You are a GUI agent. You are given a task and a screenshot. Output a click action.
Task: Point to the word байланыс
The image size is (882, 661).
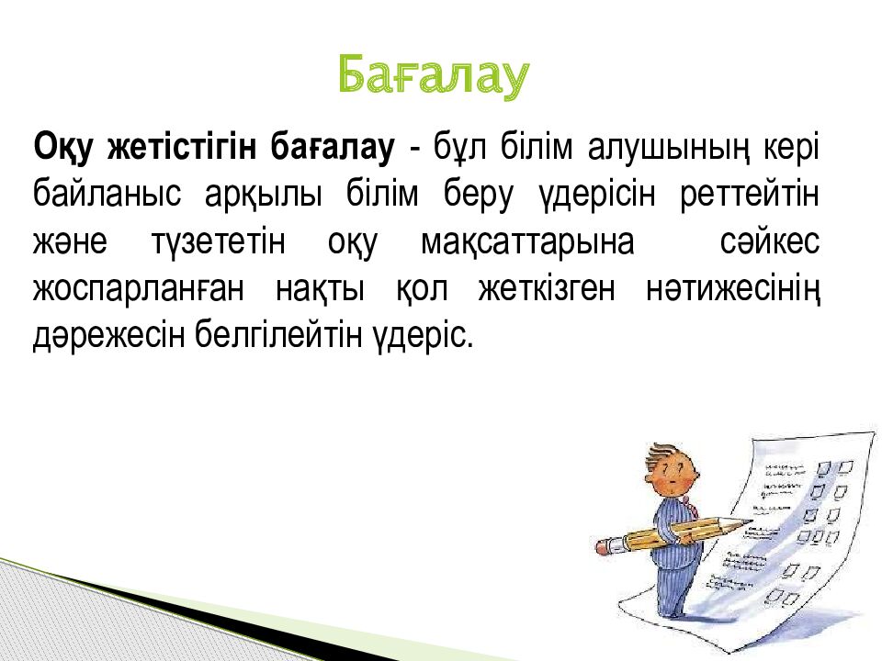tap(107, 194)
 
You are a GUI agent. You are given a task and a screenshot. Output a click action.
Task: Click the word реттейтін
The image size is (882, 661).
tap(750, 194)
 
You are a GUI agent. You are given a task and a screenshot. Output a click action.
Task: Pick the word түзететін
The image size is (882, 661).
tap(219, 241)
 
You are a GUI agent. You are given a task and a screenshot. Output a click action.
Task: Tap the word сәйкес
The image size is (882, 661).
tap(770, 241)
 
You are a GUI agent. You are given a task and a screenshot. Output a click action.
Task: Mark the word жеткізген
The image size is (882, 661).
tap(547, 289)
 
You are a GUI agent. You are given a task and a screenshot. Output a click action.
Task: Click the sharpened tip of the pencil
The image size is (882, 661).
tap(749, 521)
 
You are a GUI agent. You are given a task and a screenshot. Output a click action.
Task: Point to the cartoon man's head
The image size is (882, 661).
tap(671, 469)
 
